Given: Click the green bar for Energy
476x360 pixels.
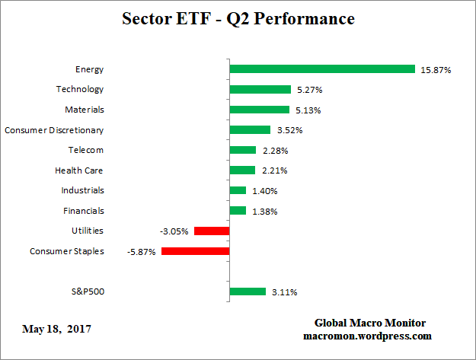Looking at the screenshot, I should click(x=321, y=69).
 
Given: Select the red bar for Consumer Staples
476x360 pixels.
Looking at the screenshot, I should click(x=195, y=251).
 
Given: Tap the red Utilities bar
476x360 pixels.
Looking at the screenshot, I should click(x=212, y=231).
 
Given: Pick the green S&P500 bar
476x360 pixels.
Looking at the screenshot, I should click(x=248, y=292).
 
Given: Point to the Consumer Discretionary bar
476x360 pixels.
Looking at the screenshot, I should click(x=250, y=129).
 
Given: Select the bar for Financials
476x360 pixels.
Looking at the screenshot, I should click(x=238, y=210).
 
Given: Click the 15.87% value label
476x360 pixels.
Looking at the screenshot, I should click(x=436, y=70).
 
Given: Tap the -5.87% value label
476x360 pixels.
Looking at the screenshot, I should click(x=142, y=252).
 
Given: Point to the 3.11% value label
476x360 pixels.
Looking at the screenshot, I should click(x=283, y=292).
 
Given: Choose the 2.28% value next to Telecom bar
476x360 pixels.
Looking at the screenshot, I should click(x=273, y=151).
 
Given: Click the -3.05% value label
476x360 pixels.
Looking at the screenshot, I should click(x=174, y=231).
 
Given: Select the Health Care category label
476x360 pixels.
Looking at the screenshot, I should click(x=79, y=170).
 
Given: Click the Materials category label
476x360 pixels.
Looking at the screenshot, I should click(x=84, y=110).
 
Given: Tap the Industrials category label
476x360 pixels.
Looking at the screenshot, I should click(x=82, y=190).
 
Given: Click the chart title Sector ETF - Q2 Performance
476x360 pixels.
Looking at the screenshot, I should click(x=238, y=18).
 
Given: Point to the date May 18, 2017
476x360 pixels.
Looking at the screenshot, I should click(x=56, y=329).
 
